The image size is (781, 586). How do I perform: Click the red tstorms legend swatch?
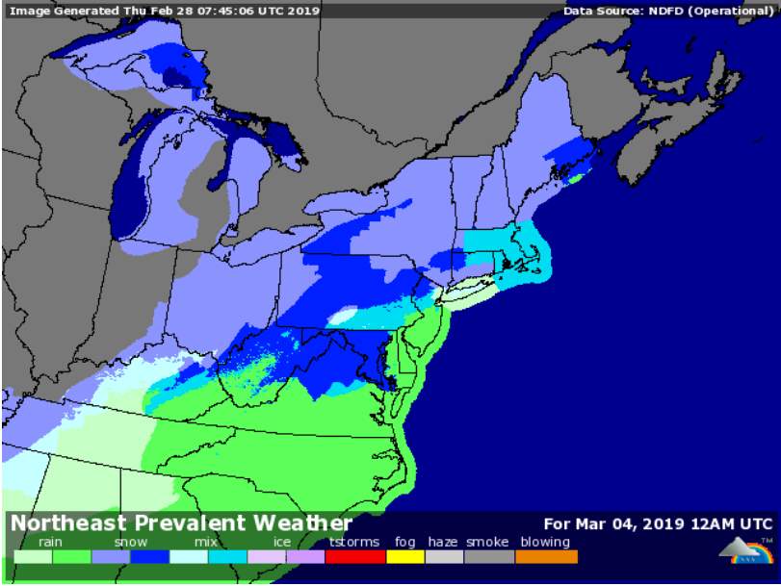point(355,556)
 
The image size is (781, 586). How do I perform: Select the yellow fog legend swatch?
point(405,556)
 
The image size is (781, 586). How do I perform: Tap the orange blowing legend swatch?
point(546,556)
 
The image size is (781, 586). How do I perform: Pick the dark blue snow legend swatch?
point(150,556)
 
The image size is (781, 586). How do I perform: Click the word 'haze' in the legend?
point(443,543)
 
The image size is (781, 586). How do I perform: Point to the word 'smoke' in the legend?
point(487,543)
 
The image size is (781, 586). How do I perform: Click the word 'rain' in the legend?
point(50,543)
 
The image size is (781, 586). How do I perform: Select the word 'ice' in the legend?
point(281,543)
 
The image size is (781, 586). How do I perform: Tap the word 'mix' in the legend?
point(205,543)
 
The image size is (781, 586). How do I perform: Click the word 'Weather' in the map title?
point(303,524)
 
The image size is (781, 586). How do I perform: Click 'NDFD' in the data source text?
point(657,12)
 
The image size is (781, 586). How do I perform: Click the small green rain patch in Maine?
point(575,177)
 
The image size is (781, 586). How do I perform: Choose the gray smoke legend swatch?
point(489,556)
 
